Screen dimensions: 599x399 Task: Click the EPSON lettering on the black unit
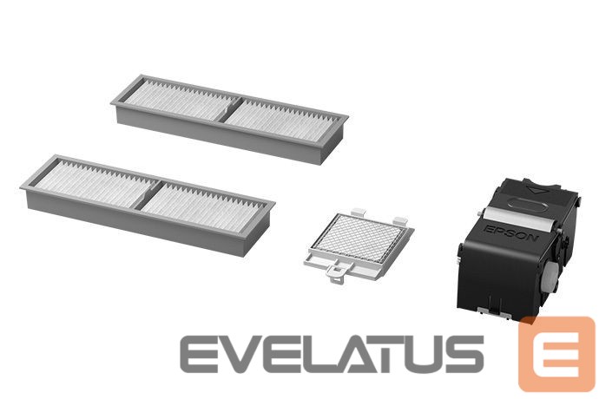[x=510, y=233]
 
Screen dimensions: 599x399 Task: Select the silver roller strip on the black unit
[x=515, y=220]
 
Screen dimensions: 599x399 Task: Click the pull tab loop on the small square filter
[x=337, y=274]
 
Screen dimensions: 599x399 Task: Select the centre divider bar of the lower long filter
[x=148, y=193]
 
